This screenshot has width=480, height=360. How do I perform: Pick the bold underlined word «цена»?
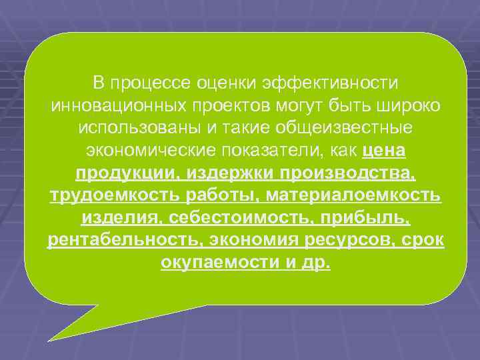[385, 151]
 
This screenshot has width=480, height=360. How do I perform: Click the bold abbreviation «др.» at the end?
[315, 264]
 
